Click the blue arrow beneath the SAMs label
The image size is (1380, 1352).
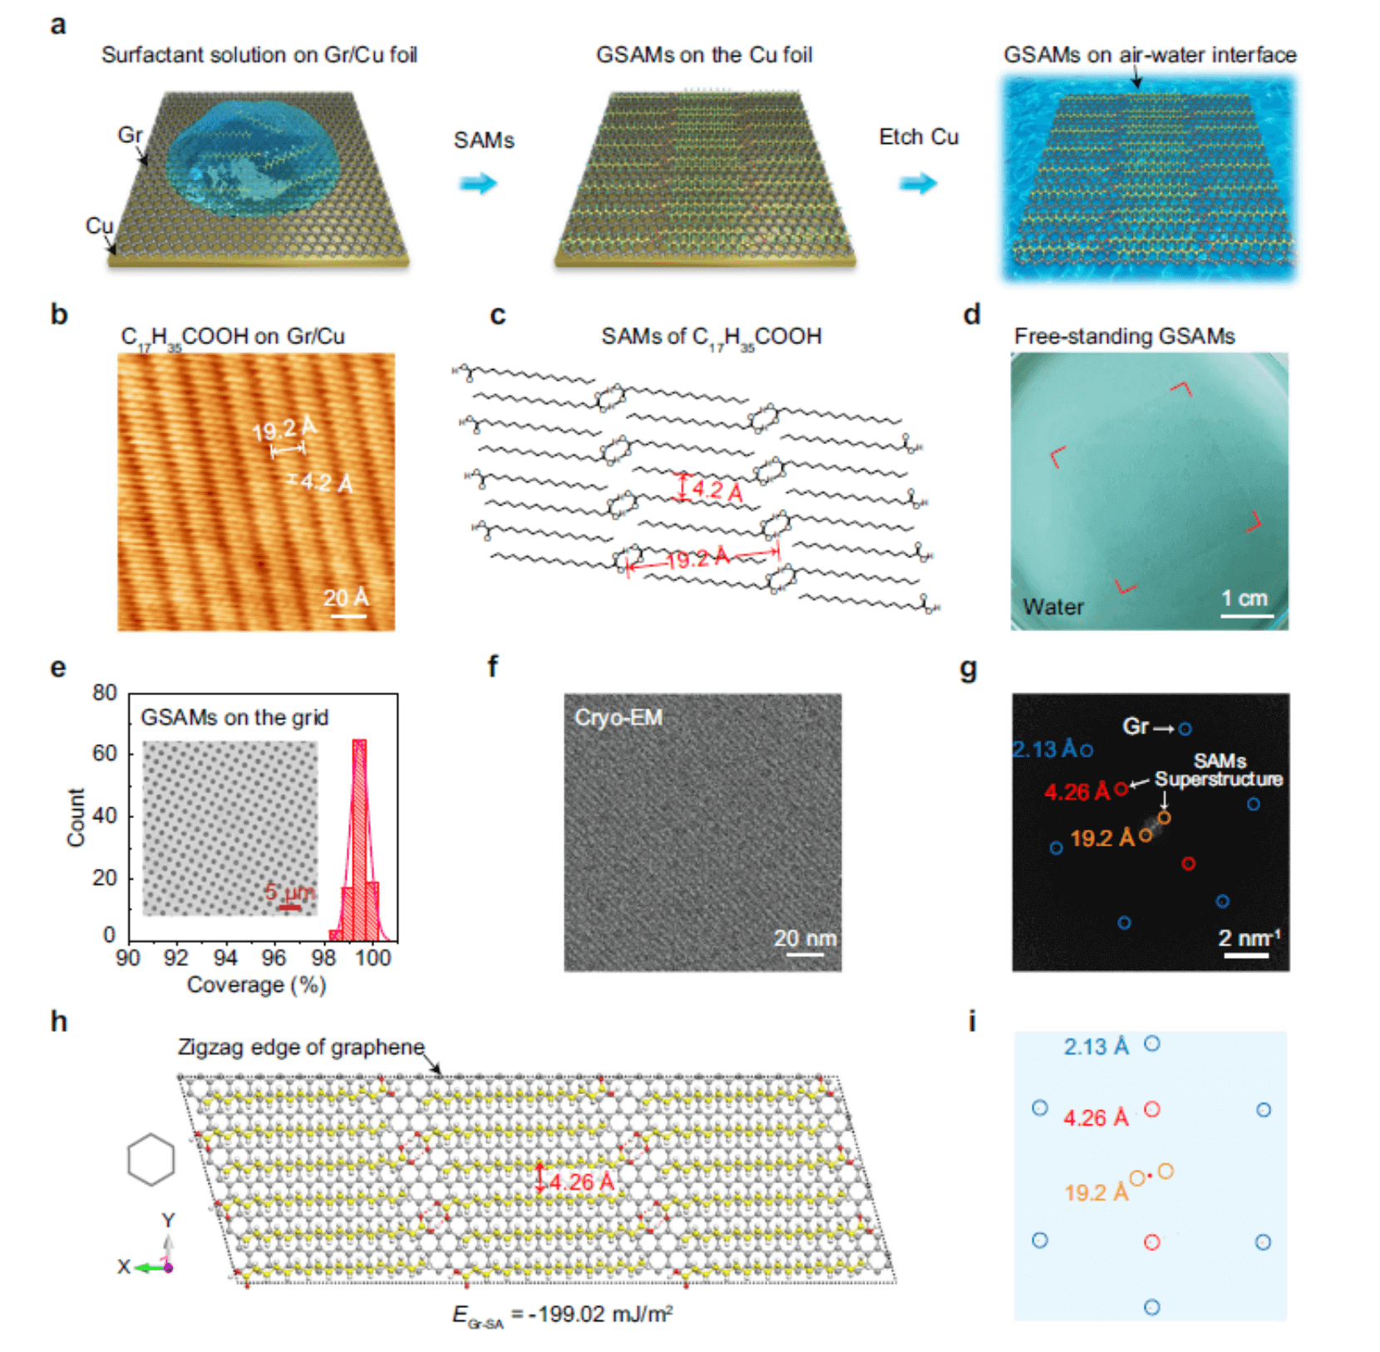coord(478,183)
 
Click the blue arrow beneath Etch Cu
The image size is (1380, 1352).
coord(918,183)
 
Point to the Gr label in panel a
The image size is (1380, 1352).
coord(130,135)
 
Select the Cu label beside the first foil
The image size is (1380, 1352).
coord(99,225)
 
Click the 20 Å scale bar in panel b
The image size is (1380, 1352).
coord(348,615)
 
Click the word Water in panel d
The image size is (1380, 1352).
coord(1053,607)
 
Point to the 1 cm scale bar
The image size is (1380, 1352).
coord(1246,615)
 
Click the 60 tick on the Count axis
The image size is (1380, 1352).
coord(105,753)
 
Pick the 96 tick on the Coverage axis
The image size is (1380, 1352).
coord(274,958)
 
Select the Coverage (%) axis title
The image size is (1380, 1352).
coord(256,985)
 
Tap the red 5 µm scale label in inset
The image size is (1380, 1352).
coord(289,893)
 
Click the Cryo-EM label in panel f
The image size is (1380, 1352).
coord(619,718)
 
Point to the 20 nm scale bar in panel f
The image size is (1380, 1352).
coord(805,954)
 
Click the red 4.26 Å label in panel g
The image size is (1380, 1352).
coord(1077,792)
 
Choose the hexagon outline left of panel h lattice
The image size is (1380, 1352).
coord(151,1159)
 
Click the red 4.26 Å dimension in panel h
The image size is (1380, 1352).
coord(581,1182)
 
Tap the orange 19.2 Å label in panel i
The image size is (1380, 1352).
coord(1097,1192)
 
